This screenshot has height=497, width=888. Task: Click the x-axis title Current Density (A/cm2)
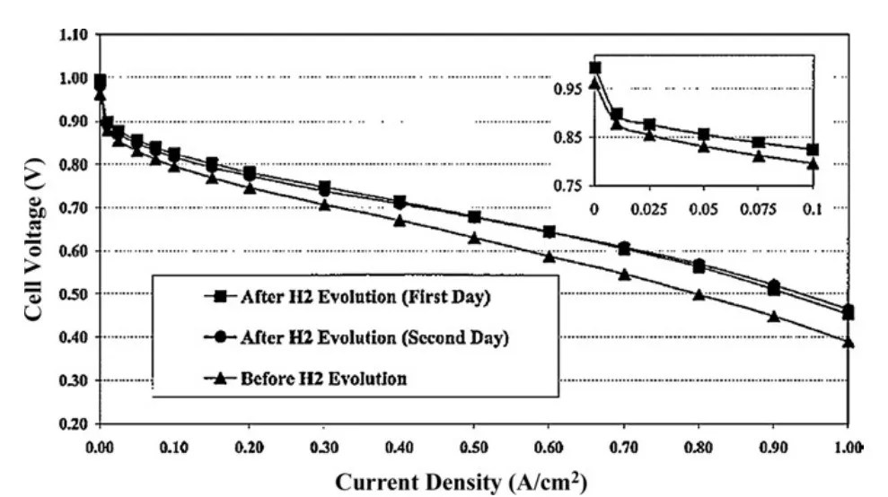coord(462,482)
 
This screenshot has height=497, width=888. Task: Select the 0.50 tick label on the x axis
coord(474,446)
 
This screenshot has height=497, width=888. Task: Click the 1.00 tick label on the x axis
coord(847,446)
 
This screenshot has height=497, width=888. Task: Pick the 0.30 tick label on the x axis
coord(324,446)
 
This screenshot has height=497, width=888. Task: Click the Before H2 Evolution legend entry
coord(322,378)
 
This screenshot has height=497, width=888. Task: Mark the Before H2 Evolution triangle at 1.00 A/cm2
coord(848,342)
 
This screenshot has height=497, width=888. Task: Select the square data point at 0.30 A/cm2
coord(324,187)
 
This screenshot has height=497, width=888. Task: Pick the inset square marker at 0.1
coord(813,150)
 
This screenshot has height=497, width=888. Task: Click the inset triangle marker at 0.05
coord(703,146)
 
